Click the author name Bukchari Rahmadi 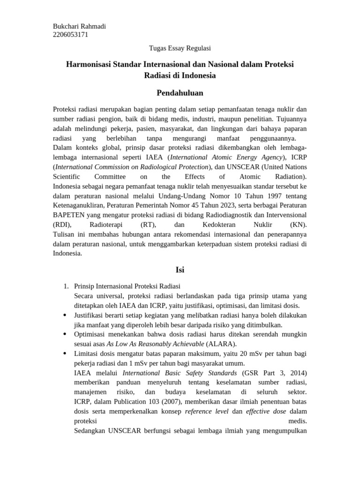point(79,26)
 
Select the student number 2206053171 point(71,35)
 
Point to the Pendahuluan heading point(180,92)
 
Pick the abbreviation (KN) point(298,225)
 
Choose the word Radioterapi point(106,225)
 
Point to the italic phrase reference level point(207,411)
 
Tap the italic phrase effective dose point(266,411)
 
